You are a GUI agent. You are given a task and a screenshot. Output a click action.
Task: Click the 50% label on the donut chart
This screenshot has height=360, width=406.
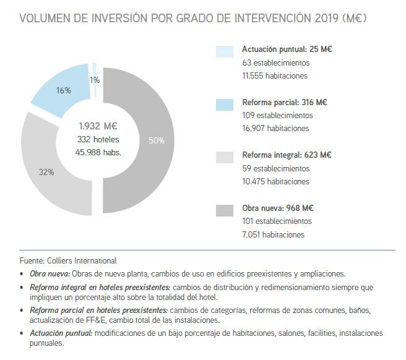click(x=157, y=140)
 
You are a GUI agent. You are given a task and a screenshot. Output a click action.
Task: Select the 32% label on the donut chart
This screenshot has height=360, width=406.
click(x=46, y=172)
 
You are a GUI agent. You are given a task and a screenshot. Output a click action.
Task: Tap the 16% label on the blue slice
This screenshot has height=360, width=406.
click(x=64, y=90)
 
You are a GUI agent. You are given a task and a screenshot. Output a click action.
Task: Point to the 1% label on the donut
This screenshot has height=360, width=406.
click(x=95, y=80)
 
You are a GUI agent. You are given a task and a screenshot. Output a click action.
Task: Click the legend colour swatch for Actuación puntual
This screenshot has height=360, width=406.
click(x=225, y=51)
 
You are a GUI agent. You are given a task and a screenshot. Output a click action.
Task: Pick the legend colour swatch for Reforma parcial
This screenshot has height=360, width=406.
click(x=225, y=104)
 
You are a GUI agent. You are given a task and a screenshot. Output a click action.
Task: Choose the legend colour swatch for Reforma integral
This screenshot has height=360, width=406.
click(x=225, y=157)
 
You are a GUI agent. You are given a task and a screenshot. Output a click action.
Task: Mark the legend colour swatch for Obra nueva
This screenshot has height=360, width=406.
click(x=225, y=210)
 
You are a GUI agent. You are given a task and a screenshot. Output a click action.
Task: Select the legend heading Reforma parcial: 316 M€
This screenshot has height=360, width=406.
click(x=285, y=102)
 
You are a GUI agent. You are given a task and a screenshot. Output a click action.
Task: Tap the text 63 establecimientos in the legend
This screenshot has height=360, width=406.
click(x=276, y=62)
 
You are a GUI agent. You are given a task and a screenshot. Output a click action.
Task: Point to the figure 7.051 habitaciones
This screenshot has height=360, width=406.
click(x=273, y=234)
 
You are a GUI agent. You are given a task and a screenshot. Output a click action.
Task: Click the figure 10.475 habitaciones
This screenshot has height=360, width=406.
click(x=275, y=181)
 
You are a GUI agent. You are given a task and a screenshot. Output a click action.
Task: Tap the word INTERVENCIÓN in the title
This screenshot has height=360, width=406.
click(x=248, y=18)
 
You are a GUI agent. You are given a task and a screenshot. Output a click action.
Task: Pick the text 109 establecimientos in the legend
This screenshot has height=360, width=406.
click(x=278, y=115)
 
